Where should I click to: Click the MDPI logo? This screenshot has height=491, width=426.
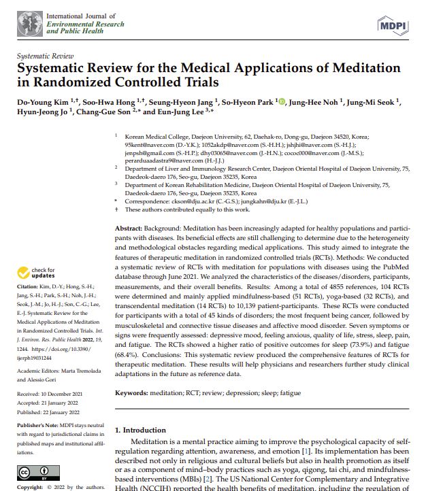pyautogui.click(x=393, y=25)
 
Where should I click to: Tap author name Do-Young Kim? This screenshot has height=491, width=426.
pyautogui.click(x=42, y=102)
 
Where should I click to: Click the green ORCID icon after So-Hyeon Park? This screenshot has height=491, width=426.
pyautogui.click(x=282, y=102)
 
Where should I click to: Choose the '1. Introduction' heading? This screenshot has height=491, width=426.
pyautogui.click(x=140, y=430)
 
